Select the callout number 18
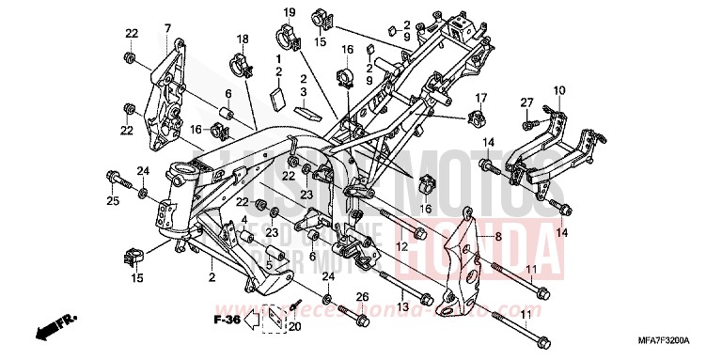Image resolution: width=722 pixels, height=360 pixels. [x=242, y=39]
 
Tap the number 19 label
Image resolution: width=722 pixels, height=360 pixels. [x=290, y=12]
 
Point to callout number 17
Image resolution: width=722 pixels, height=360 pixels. [x=479, y=98]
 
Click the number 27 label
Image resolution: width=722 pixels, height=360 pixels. [x=526, y=102]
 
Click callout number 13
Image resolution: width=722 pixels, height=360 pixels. [x=401, y=307]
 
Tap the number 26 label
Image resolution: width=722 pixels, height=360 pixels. [x=361, y=297]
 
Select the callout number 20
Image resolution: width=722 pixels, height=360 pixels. [x=294, y=327]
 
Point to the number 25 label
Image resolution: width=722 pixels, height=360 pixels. [x=113, y=200]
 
